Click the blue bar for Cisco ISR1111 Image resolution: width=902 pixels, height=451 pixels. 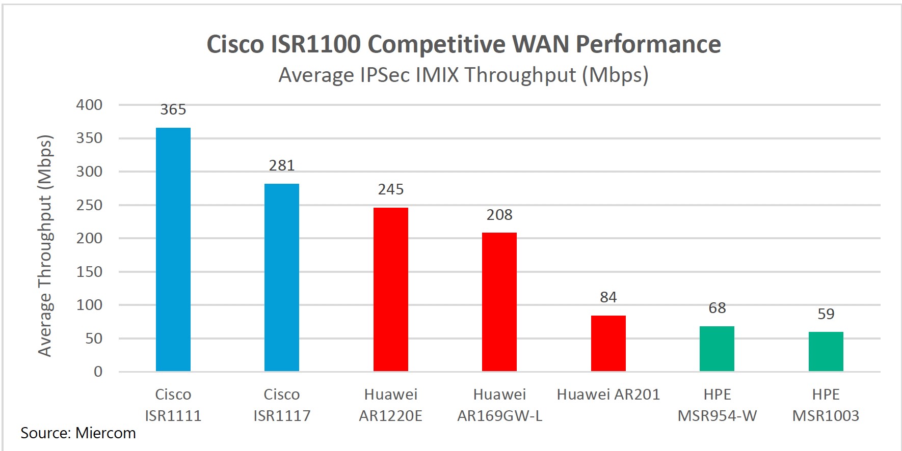pyautogui.click(x=173, y=249)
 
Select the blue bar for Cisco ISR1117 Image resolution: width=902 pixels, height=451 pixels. pyautogui.click(x=281, y=277)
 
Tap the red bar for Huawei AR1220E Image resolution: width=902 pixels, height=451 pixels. pyautogui.click(x=390, y=289)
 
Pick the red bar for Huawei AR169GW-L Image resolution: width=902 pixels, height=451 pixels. pyautogui.click(x=499, y=302)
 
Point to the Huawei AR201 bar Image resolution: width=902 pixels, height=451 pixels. pyautogui.click(x=608, y=343)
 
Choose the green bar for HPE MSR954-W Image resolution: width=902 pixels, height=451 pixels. pyautogui.click(x=717, y=349)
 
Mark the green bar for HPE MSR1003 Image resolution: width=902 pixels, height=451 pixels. pyautogui.click(x=826, y=351)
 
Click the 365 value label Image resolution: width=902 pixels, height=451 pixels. pyautogui.click(x=173, y=109)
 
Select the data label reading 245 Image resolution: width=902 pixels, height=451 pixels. pyautogui.click(x=390, y=189)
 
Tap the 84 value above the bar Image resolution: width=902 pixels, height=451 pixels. pyautogui.click(x=608, y=297)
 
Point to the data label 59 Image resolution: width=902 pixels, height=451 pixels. pyautogui.click(x=826, y=314)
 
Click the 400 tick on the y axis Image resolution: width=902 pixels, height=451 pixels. pyautogui.click(x=89, y=105)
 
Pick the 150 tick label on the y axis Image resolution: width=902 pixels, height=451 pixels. pyautogui.click(x=89, y=272)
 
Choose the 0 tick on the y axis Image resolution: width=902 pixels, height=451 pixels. pyautogui.click(x=98, y=372)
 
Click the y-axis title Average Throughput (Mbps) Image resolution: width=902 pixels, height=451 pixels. pyautogui.click(x=45, y=245)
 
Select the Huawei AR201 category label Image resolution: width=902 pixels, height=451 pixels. pyautogui.click(x=608, y=394)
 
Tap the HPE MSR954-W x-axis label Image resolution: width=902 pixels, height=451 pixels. pyautogui.click(x=717, y=405)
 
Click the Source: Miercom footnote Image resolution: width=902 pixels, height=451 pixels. pyautogui.click(x=78, y=433)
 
